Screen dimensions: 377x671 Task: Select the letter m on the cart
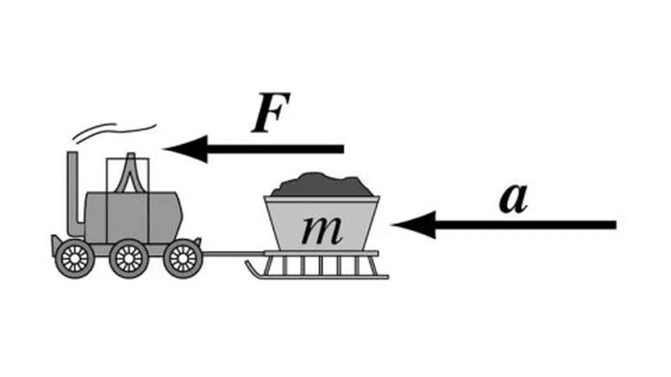(x=322, y=230)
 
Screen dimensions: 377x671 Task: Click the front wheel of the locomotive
(x=75, y=258)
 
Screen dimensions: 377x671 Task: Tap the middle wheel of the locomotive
(x=129, y=258)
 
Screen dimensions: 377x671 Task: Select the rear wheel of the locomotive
(x=183, y=258)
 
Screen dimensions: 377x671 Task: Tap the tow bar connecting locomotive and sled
(x=232, y=254)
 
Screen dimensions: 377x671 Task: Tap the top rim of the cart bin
(x=322, y=199)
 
